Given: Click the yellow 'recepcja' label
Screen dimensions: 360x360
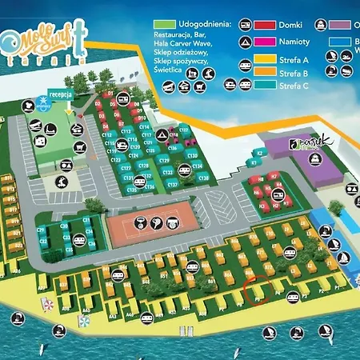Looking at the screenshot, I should click(x=61, y=94).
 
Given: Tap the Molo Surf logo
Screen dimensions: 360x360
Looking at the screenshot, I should click(x=44, y=43).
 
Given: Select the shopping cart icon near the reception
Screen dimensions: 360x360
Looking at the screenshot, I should click(x=80, y=146).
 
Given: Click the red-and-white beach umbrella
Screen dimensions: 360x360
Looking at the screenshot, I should click(x=47, y=304).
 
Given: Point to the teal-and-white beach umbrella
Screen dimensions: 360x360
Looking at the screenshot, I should click(x=83, y=321).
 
